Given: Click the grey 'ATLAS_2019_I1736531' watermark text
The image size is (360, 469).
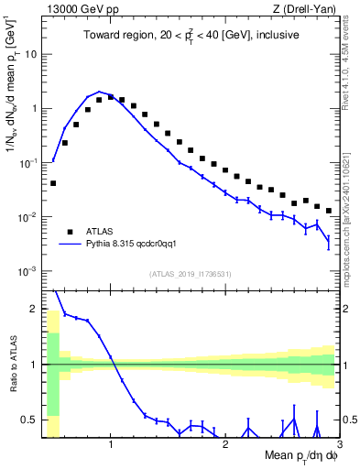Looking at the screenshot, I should [x=191, y=274].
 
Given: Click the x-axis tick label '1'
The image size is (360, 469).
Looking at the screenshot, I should [x=111, y=445].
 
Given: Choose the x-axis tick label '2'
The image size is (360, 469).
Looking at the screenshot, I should [x=225, y=445].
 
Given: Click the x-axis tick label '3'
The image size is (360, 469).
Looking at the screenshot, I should [x=339, y=445].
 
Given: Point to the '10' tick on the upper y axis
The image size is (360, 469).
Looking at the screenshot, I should [x=30, y=53].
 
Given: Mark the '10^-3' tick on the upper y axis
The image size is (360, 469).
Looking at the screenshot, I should [x=28, y=271].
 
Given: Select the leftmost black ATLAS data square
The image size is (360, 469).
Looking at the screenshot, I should [x=53, y=183].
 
